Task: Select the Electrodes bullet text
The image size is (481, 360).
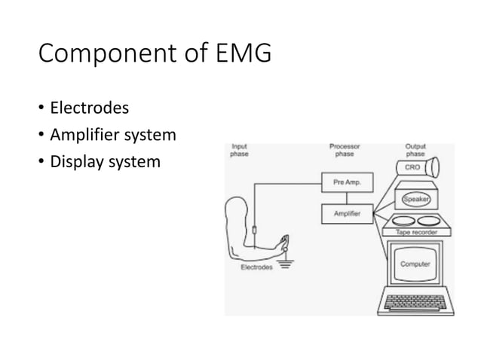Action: pyautogui.click(x=89, y=108)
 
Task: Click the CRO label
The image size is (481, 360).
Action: pyautogui.click(x=413, y=167)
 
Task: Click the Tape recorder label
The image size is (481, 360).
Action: pyautogui.click(x=416, y=233)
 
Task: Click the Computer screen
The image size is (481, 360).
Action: pyautogui.click(x=415, y=264)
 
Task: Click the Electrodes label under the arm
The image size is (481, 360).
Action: pyautogui.click(x=256, y=267)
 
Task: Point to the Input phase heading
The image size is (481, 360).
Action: pyautogui.click(x=239, y=150)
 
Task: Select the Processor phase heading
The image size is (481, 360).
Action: pyautogui.click(x=345, y=150)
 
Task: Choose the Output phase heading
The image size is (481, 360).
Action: pyautogui.click(x=415, y=150)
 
